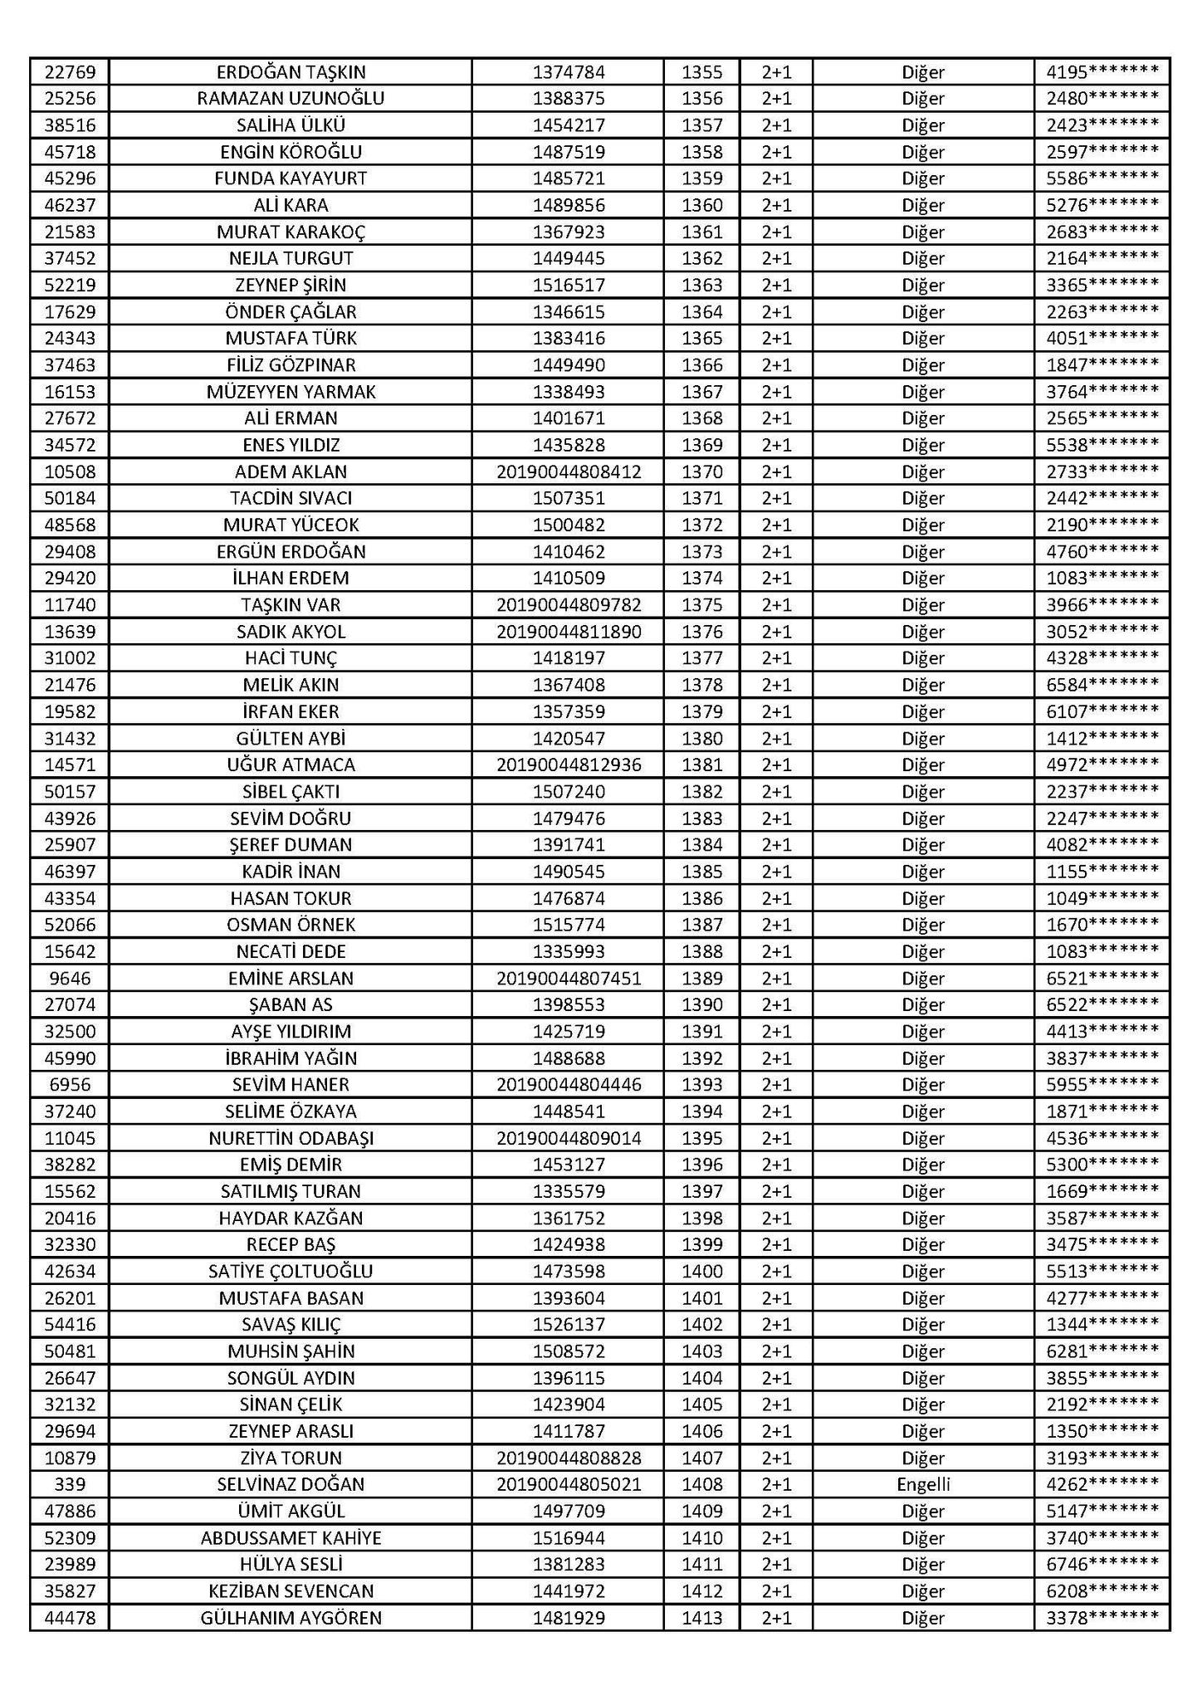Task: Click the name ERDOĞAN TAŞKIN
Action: point(291,72)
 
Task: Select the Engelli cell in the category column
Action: point(923,1484)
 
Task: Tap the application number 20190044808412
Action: point(569,472)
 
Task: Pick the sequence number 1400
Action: point(701,1271)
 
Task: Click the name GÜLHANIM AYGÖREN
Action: point(291,1618)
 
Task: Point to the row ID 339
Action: point(70,1484)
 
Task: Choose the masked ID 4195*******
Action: point(1102,72)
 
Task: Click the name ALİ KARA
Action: point(291,205)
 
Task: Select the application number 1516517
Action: point(569,286)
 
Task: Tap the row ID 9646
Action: point(70,978)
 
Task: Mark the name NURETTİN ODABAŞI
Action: point(291,1138)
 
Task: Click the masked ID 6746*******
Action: point(1102,1564)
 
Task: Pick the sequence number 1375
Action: point(701,605)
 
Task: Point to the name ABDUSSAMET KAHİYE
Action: point(291,1537)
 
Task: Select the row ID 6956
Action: point(70,1084)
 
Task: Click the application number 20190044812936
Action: point(569,765)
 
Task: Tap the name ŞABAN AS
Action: point(291,1004)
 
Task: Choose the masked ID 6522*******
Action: point(1102,1004)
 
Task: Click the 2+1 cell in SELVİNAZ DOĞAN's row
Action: point(776,1484)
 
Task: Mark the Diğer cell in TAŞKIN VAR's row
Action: point(923,605)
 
